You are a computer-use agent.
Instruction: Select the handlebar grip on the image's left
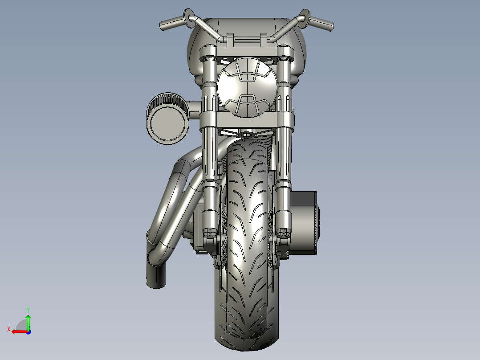[171, 23]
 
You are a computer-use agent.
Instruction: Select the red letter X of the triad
[8, 329]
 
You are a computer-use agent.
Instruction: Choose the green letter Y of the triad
[28, 309]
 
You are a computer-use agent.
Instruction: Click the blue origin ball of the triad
[28, 331]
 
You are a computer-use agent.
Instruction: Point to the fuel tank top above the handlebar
[247, 25]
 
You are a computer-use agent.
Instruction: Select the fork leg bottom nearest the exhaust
[210, 225]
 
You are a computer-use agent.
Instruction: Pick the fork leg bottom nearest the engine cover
[283, 225]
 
